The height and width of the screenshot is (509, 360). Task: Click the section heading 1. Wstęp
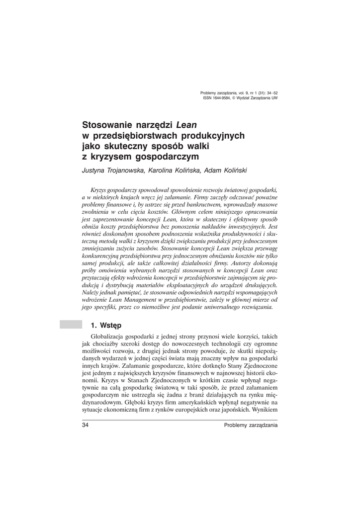tap(105, 326)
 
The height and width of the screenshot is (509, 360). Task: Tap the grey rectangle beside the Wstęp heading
tap(70, 325)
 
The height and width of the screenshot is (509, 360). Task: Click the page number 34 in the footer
tap(85, 425)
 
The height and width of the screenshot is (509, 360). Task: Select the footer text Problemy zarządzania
tap(251, 425)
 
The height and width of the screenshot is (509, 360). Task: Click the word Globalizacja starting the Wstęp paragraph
tap(107, 337)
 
